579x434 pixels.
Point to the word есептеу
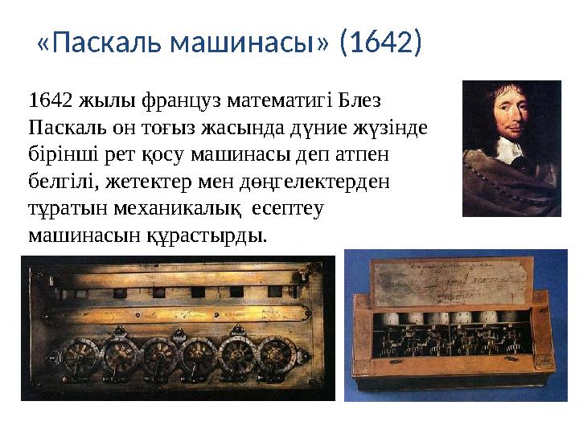(x=287, y=208)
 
